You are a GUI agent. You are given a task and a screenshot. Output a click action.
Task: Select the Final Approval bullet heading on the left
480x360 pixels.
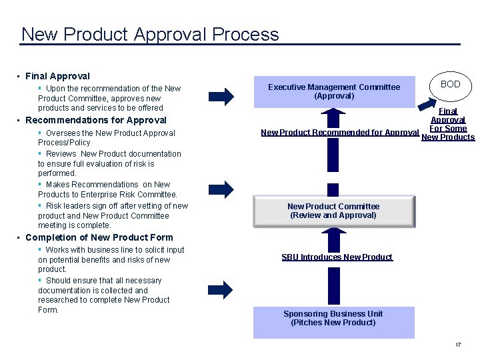pos(57,77)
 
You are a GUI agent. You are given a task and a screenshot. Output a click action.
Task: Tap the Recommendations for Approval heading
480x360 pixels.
pos(96,120)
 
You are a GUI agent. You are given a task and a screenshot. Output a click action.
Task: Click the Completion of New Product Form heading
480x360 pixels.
pos(99,237)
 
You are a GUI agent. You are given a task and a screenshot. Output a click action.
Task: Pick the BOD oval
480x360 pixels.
pos(451,85)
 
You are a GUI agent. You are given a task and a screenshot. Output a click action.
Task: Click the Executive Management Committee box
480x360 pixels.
pos(334,91)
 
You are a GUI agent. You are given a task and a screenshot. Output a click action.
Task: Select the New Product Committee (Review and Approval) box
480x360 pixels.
pos(333,211)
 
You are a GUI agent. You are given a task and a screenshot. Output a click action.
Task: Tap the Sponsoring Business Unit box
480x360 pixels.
pos(333,319)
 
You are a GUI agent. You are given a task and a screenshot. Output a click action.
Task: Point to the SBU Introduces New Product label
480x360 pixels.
pos(337,257)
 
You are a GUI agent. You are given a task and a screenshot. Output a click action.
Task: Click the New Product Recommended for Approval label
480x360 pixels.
pos(339,133)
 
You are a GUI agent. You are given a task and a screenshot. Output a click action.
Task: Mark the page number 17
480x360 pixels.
pos(458,345)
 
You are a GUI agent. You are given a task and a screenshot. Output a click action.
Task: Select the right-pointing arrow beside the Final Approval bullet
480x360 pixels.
pos(221,97)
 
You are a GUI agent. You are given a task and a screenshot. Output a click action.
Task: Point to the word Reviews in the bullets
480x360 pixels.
pos(61,154)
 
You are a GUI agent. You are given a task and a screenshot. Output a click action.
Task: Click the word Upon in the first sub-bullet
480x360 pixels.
pos(56,89)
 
